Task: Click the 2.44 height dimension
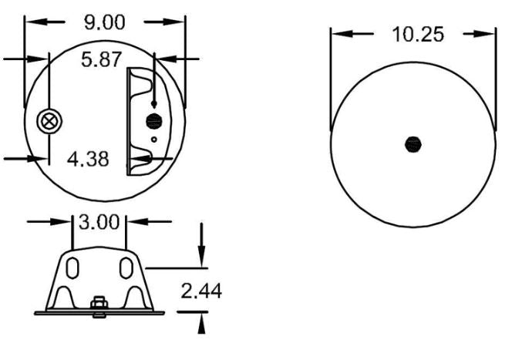[x=200, y=292]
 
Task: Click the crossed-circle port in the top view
[x=50, y=121]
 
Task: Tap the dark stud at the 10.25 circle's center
[x=414, y=143]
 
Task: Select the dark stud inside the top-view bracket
[x=154, y=120]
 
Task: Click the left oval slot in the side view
[x=72, y=268]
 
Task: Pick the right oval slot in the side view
[x=126, y=268]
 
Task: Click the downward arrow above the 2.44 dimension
[x=202, y=257]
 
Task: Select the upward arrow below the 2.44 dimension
[x=202, y=323]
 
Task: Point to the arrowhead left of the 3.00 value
[x=65, y=222]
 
